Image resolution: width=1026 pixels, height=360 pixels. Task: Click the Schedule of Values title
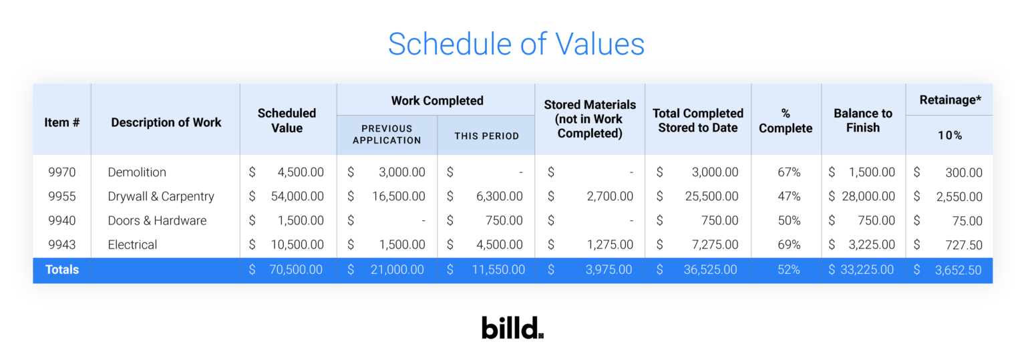pyautogui.click(x=516, y=44)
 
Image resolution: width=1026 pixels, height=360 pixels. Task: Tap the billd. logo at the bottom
pyautogui.click(x=512, y=328)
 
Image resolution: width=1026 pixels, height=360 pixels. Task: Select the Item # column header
pyautogui.click(x=61, y=122)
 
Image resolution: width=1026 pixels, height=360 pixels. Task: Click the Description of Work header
pyautogui.click(x=166, y=122)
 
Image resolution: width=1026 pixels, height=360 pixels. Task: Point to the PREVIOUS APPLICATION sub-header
pyautogui.click(x=387, y=134)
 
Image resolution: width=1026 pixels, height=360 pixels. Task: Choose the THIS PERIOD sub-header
pyautogui.click(x=486, y=136)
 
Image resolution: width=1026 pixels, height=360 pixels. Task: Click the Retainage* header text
pyautogui.click(x=950, y=100)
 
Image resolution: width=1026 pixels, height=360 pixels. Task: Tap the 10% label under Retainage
pyautogui.click(x=949, y=135)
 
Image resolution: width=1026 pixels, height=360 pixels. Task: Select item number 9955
pyautogui.click(x=61, y=196)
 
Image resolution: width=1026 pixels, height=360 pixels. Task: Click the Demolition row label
pyautogui.click(x=137, y=172)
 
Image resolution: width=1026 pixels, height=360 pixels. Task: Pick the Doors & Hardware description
pyautogui.click(x=157, y=220)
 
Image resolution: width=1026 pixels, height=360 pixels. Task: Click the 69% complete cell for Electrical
pyautogui.click(x=789, y=244)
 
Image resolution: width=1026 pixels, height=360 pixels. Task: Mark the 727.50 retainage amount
pyautogui.click(x=963, y=245)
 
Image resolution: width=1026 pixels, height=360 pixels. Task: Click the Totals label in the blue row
pyautogui.click(x=62, y=270)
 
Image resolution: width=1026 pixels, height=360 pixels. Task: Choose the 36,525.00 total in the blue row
pyautogui.click(x=710, y=270)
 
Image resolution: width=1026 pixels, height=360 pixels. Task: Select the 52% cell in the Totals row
pyautogui.click(x=789, y=270)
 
